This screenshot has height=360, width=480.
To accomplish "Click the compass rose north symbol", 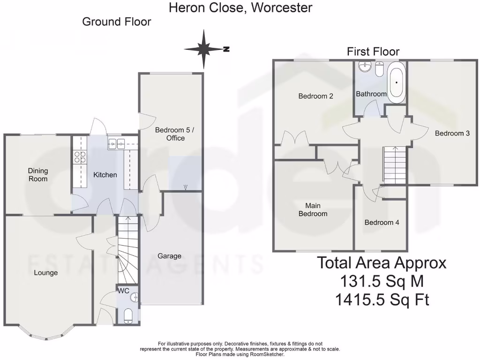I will tap(205, 48).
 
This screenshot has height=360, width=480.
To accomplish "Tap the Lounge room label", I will tap(46, 272).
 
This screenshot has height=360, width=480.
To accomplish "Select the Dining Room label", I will tap(38, 175).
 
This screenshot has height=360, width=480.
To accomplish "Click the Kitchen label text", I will tap(105, 175).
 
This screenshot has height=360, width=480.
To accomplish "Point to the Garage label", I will tap(169, 256).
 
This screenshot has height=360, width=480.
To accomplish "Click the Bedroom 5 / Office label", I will tap(170, 134).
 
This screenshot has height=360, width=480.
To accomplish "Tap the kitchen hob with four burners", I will tap(78, 157).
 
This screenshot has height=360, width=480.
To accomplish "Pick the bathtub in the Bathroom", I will tap(397, 82).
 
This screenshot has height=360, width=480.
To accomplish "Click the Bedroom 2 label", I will tap(316, 96).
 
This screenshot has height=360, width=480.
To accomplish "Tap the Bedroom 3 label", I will tap(452, 133).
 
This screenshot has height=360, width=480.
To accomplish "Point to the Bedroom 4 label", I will tap(382, 222).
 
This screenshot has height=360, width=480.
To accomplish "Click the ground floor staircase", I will tap(127, 248).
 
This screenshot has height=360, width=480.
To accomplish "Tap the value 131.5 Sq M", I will tap(382, 281).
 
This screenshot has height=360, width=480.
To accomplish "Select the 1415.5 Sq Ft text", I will tap(382, 299).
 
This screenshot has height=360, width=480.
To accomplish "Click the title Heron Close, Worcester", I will tap(240, 7).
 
